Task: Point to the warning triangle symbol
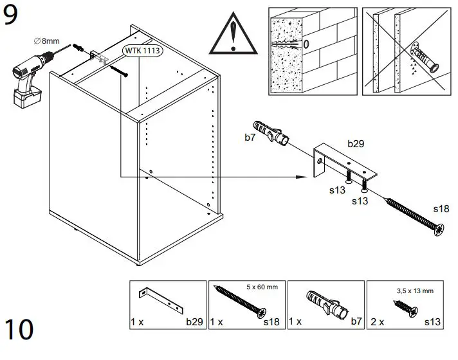coord(234,33)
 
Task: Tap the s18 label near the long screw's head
coord(441,209)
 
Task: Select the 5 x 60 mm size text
coord(262,287)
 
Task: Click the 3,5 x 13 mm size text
coord(416,291)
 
